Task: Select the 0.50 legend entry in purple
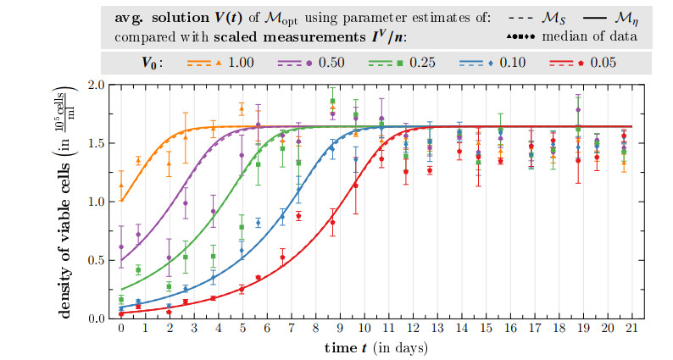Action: tap(331, 63)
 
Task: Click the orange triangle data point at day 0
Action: tap(121, 185)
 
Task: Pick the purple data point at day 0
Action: tap(121, 246)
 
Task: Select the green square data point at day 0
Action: tap(121, 300)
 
